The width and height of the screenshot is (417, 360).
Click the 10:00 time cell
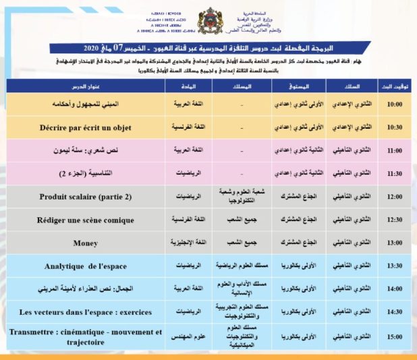point(394,104)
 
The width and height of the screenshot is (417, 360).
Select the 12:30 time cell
point(394,219)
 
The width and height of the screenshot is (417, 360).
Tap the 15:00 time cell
point(394,335)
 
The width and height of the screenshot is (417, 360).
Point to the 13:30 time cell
point(394,266)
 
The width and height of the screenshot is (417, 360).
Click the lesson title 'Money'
point(85,242)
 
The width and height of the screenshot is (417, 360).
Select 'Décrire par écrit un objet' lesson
point(85,127)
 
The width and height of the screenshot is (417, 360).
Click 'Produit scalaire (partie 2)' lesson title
point(85,197)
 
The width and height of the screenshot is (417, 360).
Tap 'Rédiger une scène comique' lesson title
point(85,219)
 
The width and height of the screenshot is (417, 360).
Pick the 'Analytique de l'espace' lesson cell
point(85,266)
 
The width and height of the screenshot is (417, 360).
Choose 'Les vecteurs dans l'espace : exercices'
point(85,311)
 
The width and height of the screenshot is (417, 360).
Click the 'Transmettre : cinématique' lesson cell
point(85,335)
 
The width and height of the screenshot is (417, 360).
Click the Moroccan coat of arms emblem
point(207,22)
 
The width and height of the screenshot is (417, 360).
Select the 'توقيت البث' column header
point(394,86)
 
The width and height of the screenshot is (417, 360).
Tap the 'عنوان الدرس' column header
point(85,86)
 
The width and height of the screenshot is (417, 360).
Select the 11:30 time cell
point(394,173)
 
